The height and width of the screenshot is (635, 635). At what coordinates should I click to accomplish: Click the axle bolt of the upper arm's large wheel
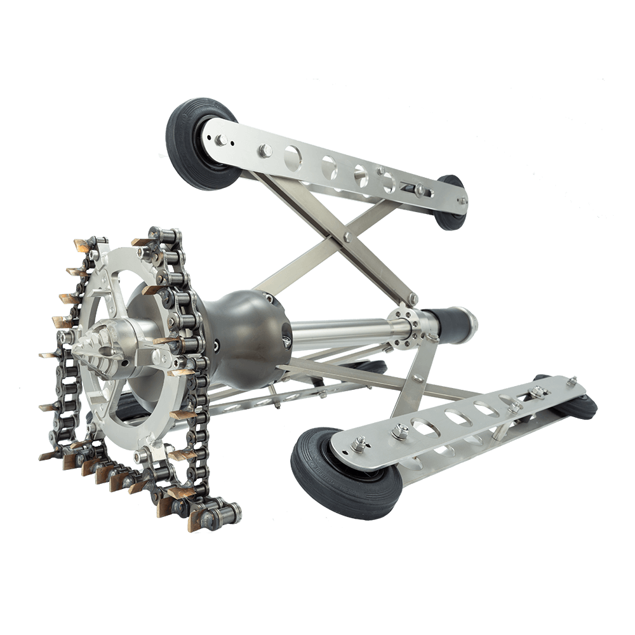click(218, 137)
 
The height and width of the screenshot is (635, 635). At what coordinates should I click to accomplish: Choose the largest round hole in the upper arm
click(294, 156)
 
